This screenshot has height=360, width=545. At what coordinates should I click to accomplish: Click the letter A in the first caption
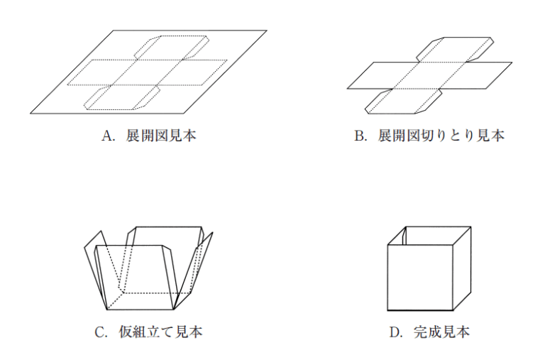click(107, 136)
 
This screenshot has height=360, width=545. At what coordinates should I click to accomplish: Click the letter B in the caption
click(358, 136)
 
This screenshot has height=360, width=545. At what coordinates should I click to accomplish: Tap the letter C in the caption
click(100, 332)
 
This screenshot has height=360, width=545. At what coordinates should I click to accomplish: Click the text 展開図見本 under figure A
click(161, 136)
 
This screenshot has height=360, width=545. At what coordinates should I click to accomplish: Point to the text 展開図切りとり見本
click(441, 136)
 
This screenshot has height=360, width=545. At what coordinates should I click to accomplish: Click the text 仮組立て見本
click(160, 332)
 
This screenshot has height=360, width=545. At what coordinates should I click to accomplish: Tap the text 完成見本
click(441, 332)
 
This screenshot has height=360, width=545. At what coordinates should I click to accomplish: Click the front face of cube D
click(420, 277)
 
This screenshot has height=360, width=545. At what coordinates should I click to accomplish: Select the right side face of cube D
click(462, 268)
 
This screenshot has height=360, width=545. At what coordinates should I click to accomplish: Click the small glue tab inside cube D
click(404, 236)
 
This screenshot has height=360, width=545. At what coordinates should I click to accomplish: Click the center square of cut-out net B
click(429, 75)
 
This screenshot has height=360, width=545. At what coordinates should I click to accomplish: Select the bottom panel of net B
click(403, 102)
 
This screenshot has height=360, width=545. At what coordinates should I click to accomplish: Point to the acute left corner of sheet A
click(31, 114)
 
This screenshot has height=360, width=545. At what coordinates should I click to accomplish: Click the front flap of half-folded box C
click(136, 277)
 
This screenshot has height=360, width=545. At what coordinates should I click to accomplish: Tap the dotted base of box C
click(149, 301)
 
